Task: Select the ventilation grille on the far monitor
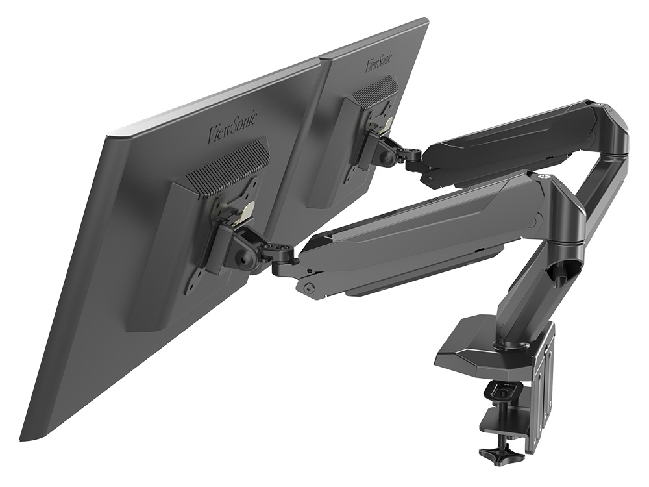374,91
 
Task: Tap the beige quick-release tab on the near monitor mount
247,212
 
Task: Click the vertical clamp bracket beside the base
543,383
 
